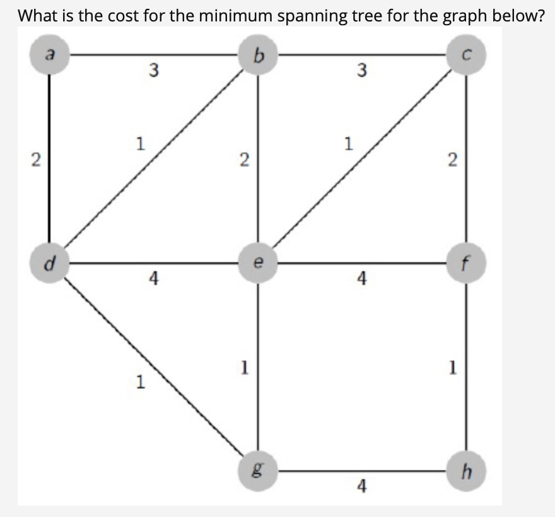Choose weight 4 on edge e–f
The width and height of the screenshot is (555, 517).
click(361, 278)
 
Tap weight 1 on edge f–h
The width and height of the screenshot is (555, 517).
click(452, 368)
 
